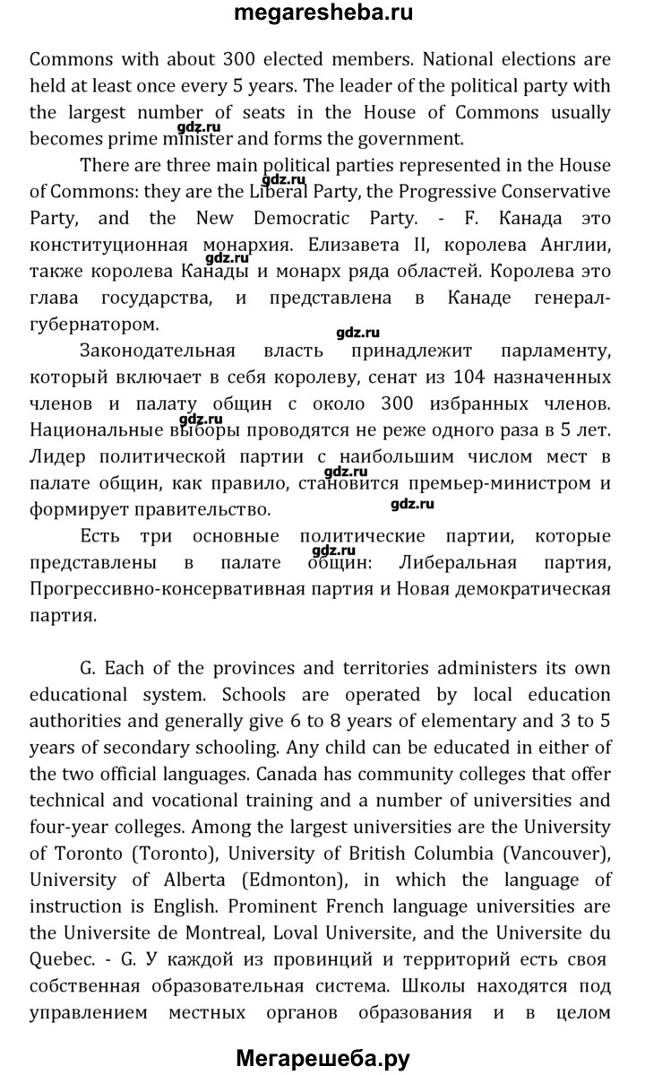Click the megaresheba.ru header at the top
click(322, 14)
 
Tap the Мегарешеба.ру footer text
click(322, 1059)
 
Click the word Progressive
click(424, 191)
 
